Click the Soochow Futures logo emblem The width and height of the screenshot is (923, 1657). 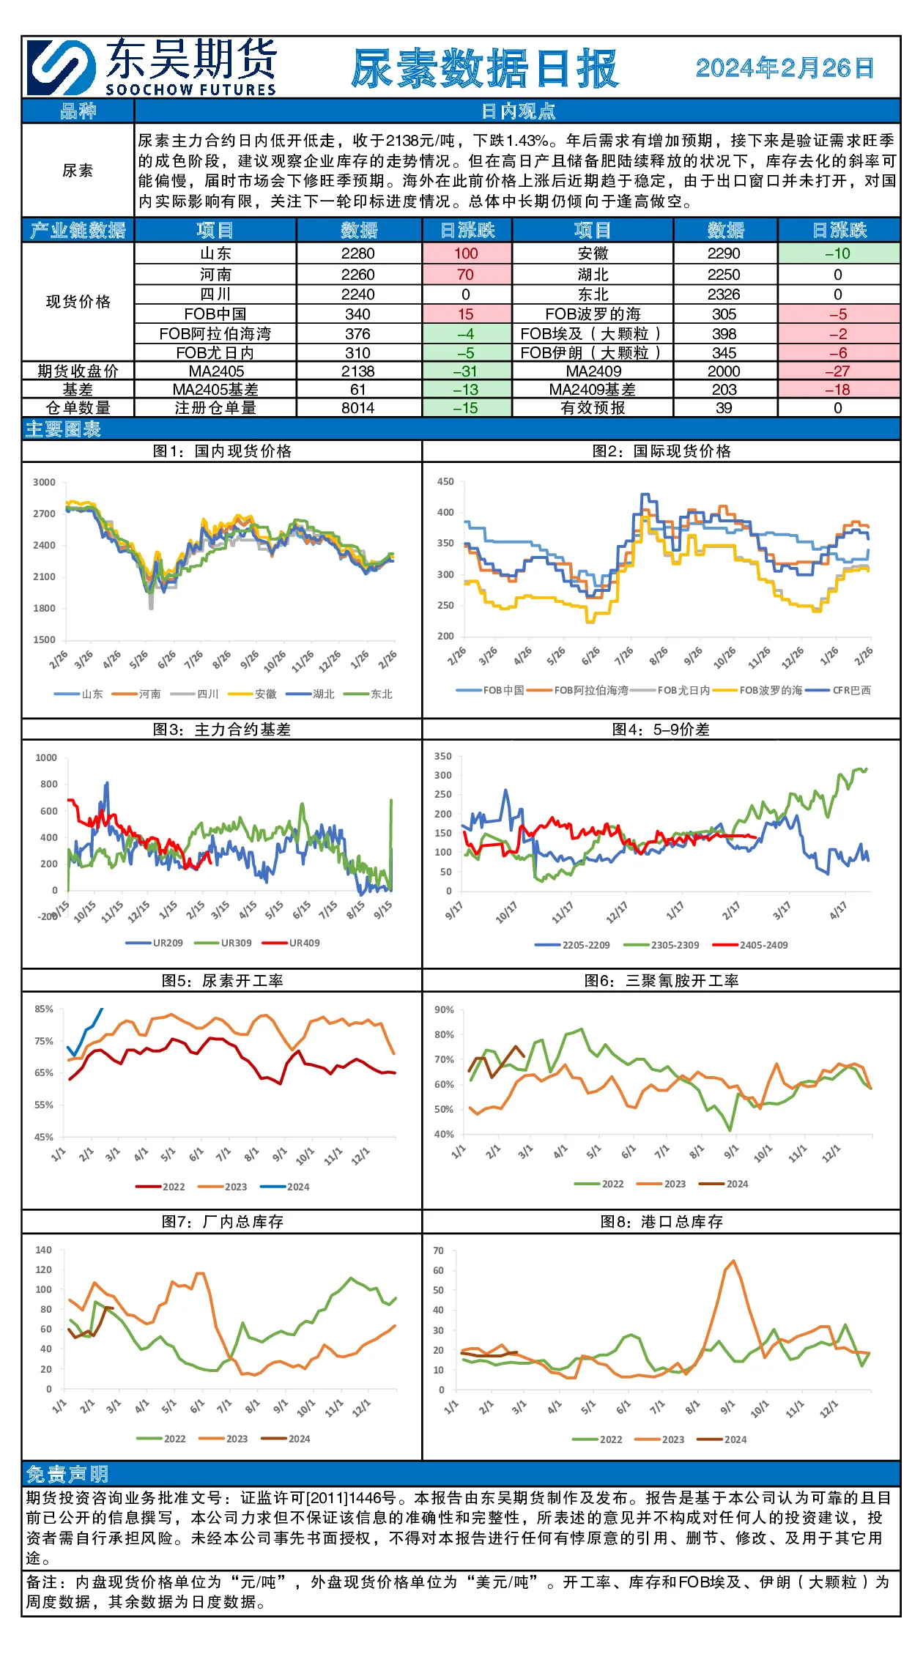[62, 67]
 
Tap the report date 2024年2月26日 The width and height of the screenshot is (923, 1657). [785, 68]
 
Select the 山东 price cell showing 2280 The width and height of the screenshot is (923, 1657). [358, 253]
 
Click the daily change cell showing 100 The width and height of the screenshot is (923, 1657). [466, 253]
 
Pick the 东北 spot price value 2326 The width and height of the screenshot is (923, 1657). [724, 294]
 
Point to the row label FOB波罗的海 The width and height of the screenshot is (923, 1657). [593, 314]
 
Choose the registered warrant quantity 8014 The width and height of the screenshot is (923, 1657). [358, 408]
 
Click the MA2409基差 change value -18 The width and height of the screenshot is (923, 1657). [838, 390]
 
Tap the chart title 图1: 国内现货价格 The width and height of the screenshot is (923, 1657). [222, 451]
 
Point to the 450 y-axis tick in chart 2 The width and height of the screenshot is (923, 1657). [445, 481]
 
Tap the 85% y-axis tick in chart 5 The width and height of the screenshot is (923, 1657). [44, 1009]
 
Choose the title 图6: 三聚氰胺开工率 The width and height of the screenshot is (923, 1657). [661, 981]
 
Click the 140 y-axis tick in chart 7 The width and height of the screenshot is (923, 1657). [44, 1250]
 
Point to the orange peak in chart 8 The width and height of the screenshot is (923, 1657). [733, 1261]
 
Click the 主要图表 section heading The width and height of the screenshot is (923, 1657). [63, 429]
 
